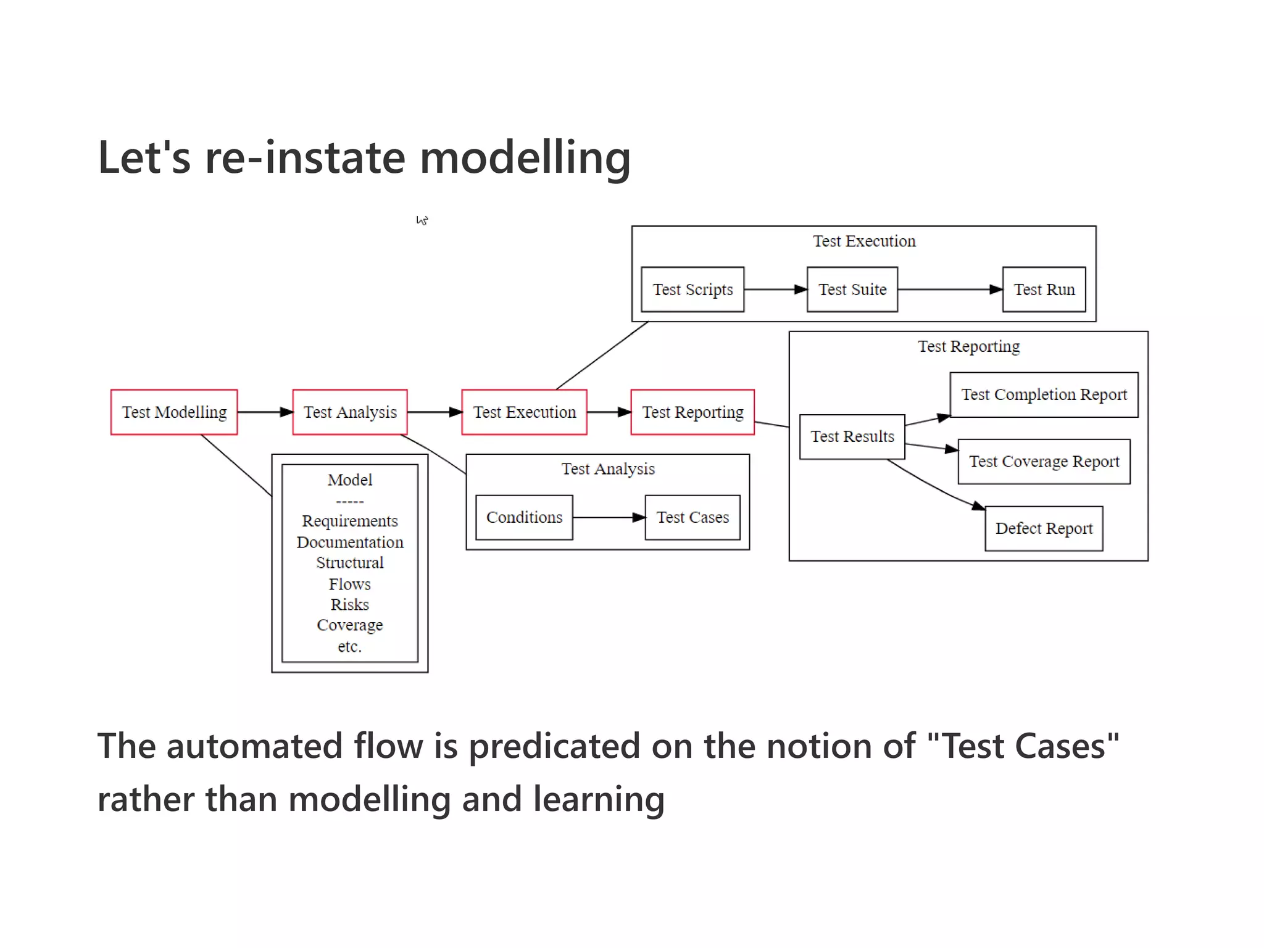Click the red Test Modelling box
point(174,412)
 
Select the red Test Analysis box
point(350,412)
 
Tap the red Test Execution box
point(524,412)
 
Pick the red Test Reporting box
point(692,412)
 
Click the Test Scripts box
point(692,289)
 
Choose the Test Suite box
point(852,289)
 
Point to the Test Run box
point(1044,289)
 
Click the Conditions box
point(524,517)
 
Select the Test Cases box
point(692,517)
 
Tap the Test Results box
point(852,437)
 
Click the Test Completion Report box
point(1044,395)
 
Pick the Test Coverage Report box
point(1044,462)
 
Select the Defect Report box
point(1044,529)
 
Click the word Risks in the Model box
point(350,605)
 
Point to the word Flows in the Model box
point(350,584)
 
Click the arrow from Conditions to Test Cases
point(609,517)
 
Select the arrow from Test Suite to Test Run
point(949,289)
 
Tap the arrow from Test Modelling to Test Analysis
point(265,412)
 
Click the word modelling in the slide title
point(525,158)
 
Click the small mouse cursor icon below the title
point(422,220)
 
